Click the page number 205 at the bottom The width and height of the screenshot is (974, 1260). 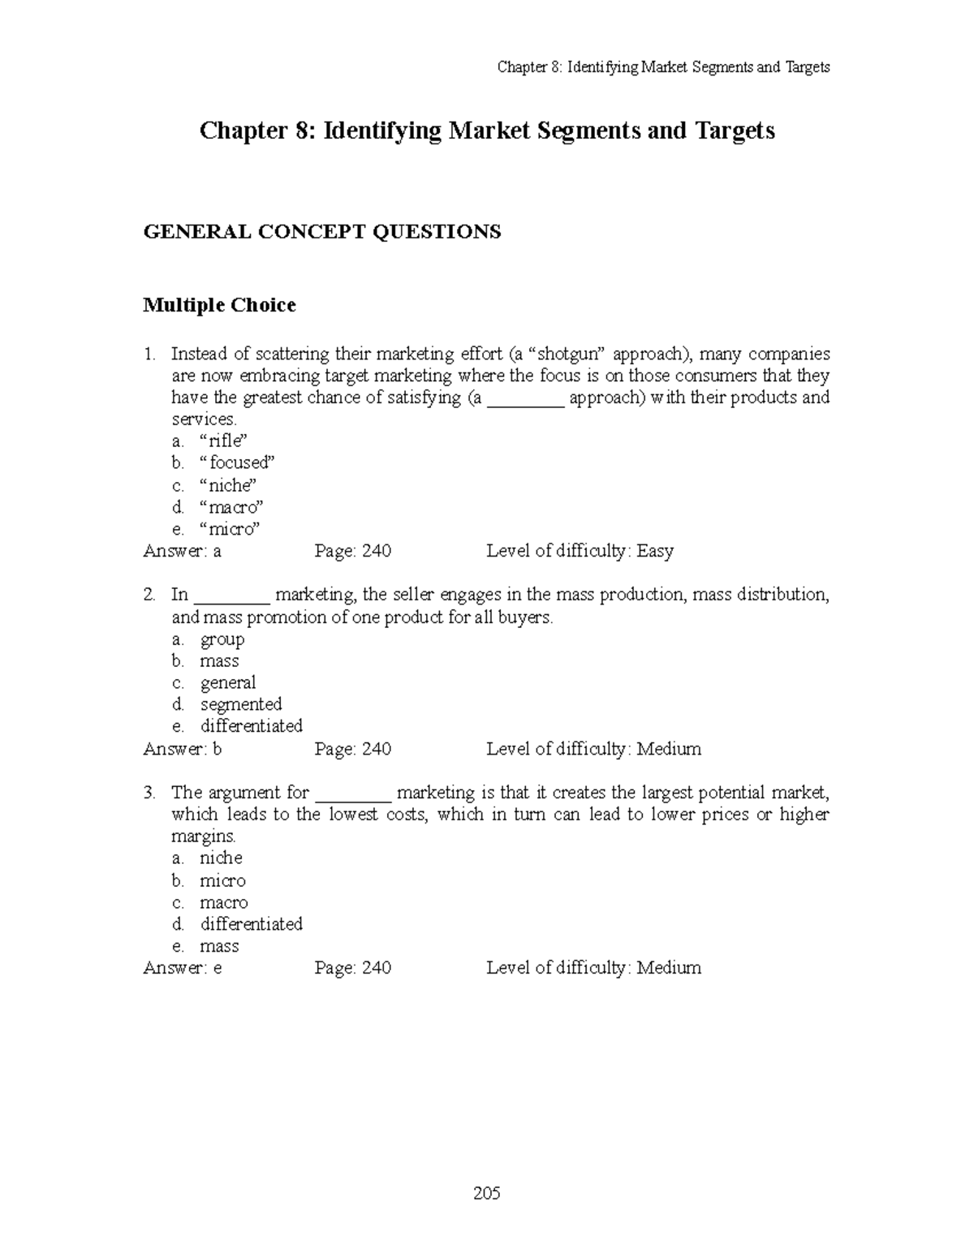pyautogui.click(x=487, y=1193)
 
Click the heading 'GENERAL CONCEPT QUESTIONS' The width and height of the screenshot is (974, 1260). pyautogui.click(x=321, y=232)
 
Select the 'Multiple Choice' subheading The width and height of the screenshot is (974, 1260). pyautogui.click(x=219, y=305)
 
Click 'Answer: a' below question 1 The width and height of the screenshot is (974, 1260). pyautogui.click(x=183, y=551)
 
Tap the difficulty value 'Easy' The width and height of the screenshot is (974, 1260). pyautogui.click(x=655, y=551)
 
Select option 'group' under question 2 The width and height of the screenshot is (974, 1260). pyautogui.click(x=222, y=639)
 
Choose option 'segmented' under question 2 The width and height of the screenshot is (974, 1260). pyautogui.click(x=241, y=704)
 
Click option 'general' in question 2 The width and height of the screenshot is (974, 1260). pyautogui.click(x=228, y=682)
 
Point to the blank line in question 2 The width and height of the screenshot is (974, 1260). pyautogui.click(x=233, y=596)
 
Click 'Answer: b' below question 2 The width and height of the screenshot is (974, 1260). pyautogui.click(x=183, y=749)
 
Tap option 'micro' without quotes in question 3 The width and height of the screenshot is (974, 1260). pyautogui.click(x=222, y=880)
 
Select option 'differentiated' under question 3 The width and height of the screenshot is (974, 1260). pyautogui.click(x=251, y=924)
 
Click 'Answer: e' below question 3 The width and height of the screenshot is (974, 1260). pyautogui.click(x=183, y=968)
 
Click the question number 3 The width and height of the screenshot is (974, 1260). pyautogui.click(x=149, y=793)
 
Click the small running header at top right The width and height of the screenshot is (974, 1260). pyautogui.click(x=663, y=67)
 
